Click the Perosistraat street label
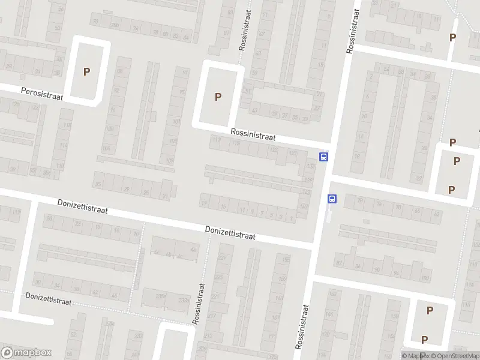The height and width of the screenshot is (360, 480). (x=42, y=94)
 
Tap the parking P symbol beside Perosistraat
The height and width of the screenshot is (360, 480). (x=86, y=71)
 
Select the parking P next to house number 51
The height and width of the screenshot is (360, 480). (x=218, y=97)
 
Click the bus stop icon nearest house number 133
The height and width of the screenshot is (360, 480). (x=324, y=157)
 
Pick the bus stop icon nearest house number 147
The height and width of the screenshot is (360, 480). (x=332, y=199)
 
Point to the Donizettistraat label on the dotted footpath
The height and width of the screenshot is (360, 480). (x=48, y=299)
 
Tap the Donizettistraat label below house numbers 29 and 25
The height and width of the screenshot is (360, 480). (x=82, y=208)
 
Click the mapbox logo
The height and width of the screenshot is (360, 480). (x=26, y=352)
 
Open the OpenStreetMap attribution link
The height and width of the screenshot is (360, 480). (x=454, y=356)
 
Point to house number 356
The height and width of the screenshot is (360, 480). (x=46, y=172)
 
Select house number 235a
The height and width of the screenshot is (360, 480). (x=161, y=295)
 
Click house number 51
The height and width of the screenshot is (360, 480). (x=248, y=91)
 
